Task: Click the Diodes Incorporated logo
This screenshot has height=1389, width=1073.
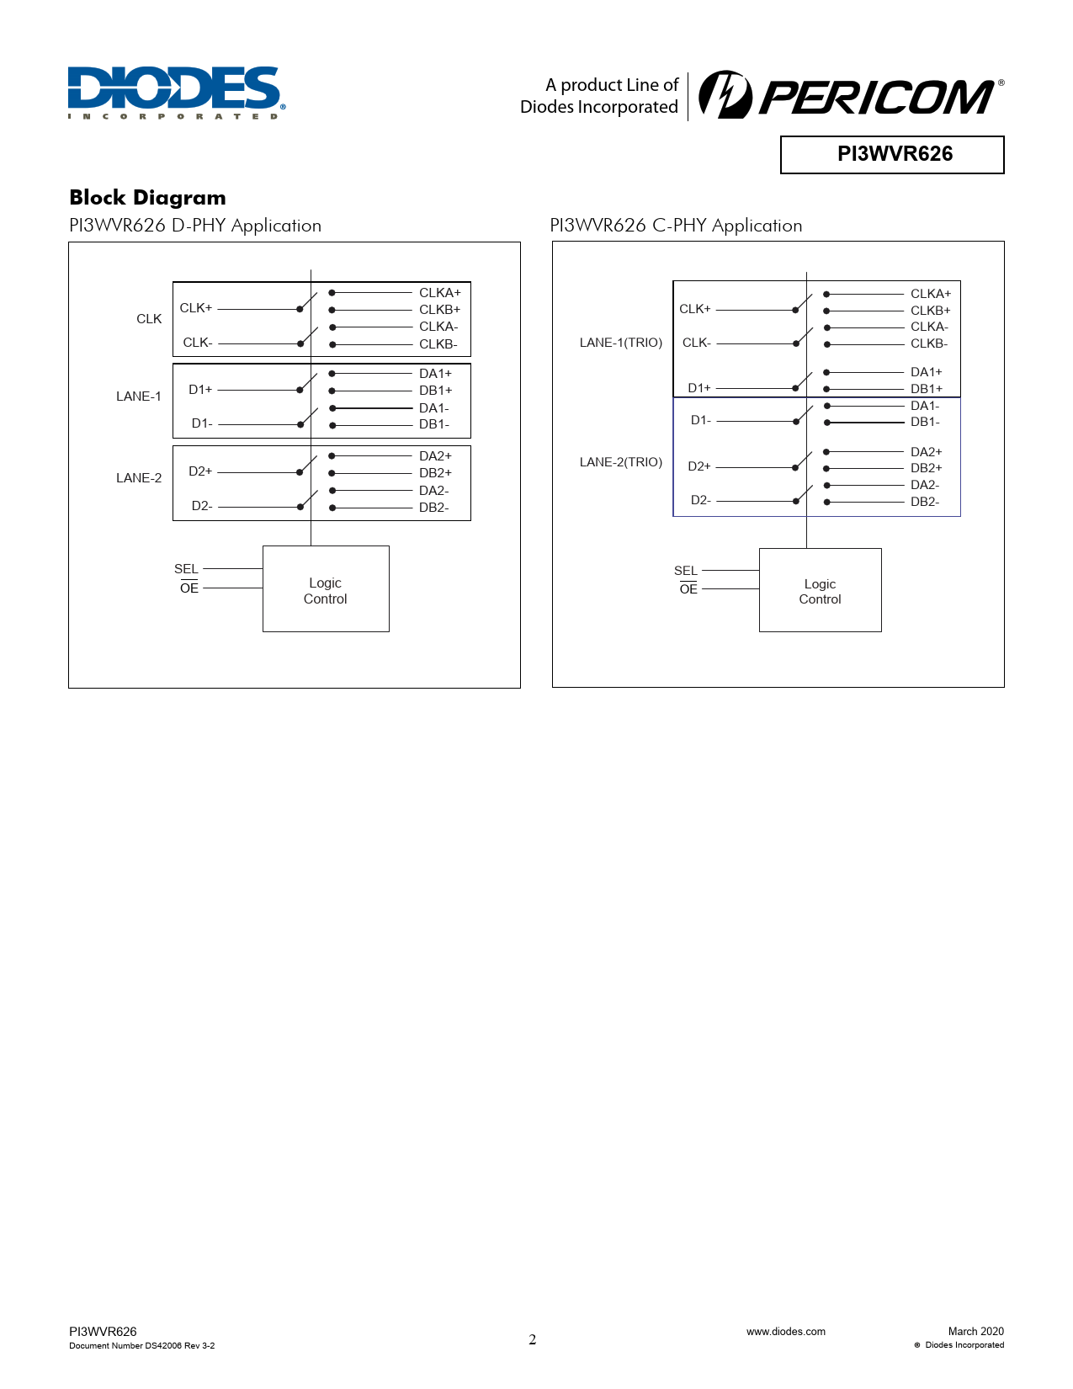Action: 176,92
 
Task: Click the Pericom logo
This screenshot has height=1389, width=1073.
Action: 850,95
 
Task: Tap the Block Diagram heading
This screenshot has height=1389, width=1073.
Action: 147,198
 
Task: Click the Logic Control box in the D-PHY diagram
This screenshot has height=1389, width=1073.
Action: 326,589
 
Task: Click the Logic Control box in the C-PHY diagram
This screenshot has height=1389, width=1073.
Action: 820,590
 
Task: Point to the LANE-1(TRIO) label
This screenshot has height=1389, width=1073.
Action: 621,343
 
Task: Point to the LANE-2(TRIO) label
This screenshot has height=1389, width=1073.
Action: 621,462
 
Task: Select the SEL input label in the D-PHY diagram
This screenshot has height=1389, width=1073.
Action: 186,569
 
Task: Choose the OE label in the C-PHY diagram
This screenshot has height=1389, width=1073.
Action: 688,589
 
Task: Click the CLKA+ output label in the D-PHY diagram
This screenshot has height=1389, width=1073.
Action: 440,293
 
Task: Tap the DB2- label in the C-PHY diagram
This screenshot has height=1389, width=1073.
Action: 925,502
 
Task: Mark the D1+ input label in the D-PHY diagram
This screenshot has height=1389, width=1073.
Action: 200,390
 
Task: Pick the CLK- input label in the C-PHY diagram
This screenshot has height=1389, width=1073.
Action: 697,343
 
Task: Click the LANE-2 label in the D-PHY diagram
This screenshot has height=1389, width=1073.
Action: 139,478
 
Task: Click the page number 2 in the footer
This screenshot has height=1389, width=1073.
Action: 532,1339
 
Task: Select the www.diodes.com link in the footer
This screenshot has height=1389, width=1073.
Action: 785,1331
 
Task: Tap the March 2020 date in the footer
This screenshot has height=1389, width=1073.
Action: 975,1331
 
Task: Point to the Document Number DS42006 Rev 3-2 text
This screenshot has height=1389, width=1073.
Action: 141,1345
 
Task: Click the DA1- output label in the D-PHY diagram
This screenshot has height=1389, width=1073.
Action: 434,408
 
